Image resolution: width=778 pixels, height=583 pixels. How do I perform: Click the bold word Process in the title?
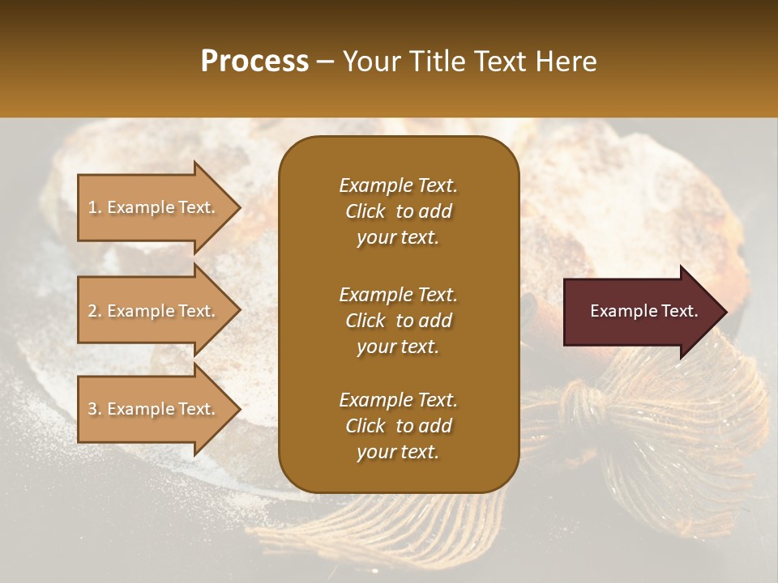click(x=254, y=61)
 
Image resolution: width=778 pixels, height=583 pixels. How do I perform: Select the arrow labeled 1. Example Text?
click(x=154, y=207)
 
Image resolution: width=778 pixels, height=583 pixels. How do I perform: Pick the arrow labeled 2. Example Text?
click(x=154, y=311)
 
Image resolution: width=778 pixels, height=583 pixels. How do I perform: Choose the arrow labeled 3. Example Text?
click(x=154, y=409)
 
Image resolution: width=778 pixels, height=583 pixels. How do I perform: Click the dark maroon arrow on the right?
click(x=640, y=311)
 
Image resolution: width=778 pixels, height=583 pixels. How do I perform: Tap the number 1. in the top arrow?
click(x=95, y=207)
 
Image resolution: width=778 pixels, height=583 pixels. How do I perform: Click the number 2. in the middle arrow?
click(x=95, y=311)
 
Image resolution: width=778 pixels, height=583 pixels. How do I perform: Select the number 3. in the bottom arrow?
click(x=95, y=409)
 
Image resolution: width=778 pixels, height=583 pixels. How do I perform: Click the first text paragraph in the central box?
click(x=398, y=211)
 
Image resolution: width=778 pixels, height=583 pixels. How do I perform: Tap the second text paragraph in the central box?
click(x=398, y=321)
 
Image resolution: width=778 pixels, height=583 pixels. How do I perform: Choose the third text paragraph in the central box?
click(x=398, y=426)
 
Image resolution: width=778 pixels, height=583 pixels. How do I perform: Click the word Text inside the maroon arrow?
click(x=678, y=311)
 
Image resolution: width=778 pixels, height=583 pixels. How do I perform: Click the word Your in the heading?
click(x=368, y=61)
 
